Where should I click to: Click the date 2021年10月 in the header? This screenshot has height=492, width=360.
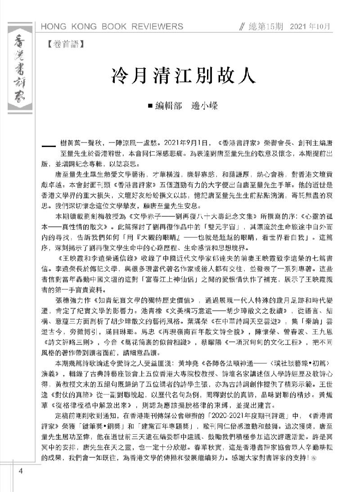click(310, 27)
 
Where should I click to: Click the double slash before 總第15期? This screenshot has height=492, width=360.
click(243, 27)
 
